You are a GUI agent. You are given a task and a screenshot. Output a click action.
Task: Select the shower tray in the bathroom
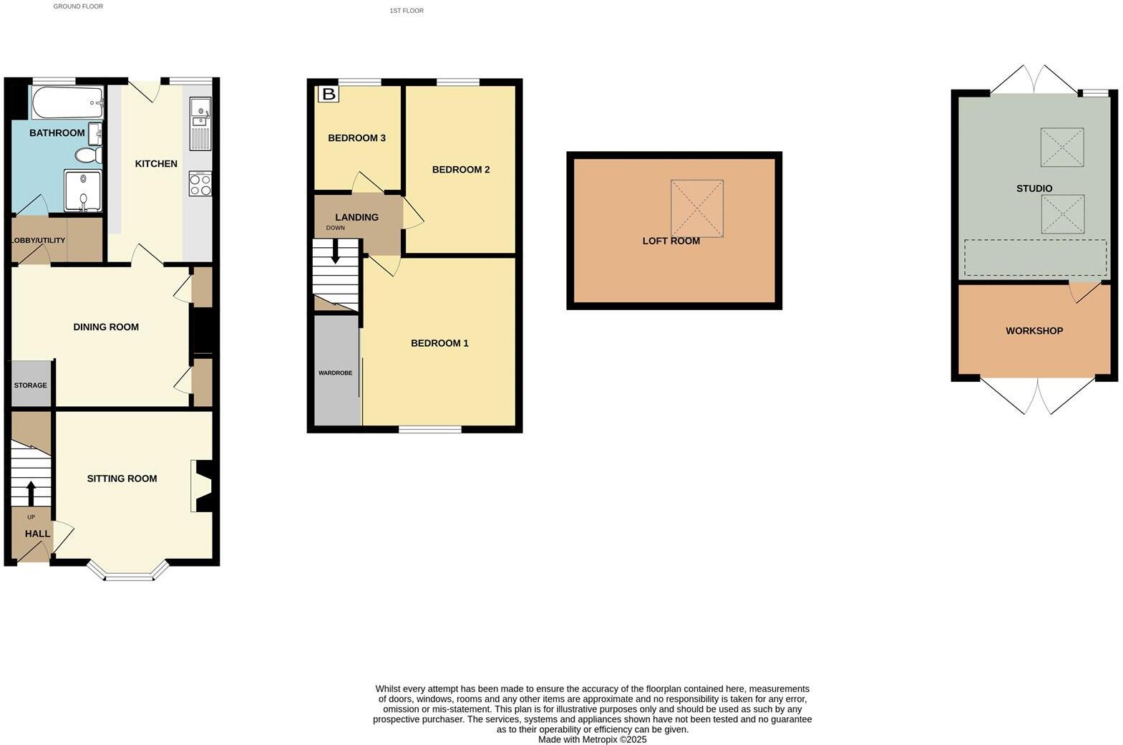coord(83,191)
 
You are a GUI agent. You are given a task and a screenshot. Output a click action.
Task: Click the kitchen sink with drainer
coord(200,123)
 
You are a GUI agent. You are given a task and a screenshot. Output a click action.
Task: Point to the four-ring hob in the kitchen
coord(200,184)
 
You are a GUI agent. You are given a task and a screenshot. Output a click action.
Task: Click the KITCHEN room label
coord(156,164)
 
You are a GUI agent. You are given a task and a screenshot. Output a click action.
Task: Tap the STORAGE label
coord(31,385)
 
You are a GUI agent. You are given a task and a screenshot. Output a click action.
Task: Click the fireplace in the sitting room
coord(203,486)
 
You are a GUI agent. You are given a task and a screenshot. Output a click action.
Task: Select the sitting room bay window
coord(129,572)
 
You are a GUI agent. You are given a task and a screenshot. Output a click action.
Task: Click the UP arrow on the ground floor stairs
coord(31,494)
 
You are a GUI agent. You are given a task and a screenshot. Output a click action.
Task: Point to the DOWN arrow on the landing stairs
coord(335,253)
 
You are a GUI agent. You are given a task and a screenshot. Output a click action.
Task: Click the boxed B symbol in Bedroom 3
coord(329,94)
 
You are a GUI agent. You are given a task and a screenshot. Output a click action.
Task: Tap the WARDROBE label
coord(335,373)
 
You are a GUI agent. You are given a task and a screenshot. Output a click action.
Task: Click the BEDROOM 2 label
coord(461,170)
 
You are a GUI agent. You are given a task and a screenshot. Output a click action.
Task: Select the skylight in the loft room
coord(696,208)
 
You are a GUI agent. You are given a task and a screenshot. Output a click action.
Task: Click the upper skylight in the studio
coord(1061,148)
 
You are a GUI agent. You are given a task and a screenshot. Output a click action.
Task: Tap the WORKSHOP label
coord(1034,331)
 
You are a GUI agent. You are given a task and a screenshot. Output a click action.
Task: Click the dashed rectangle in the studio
coord(1035,258)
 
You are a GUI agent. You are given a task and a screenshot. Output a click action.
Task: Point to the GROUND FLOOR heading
coord(78,6)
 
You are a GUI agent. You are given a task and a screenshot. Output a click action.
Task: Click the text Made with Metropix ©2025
coord(592,739)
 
